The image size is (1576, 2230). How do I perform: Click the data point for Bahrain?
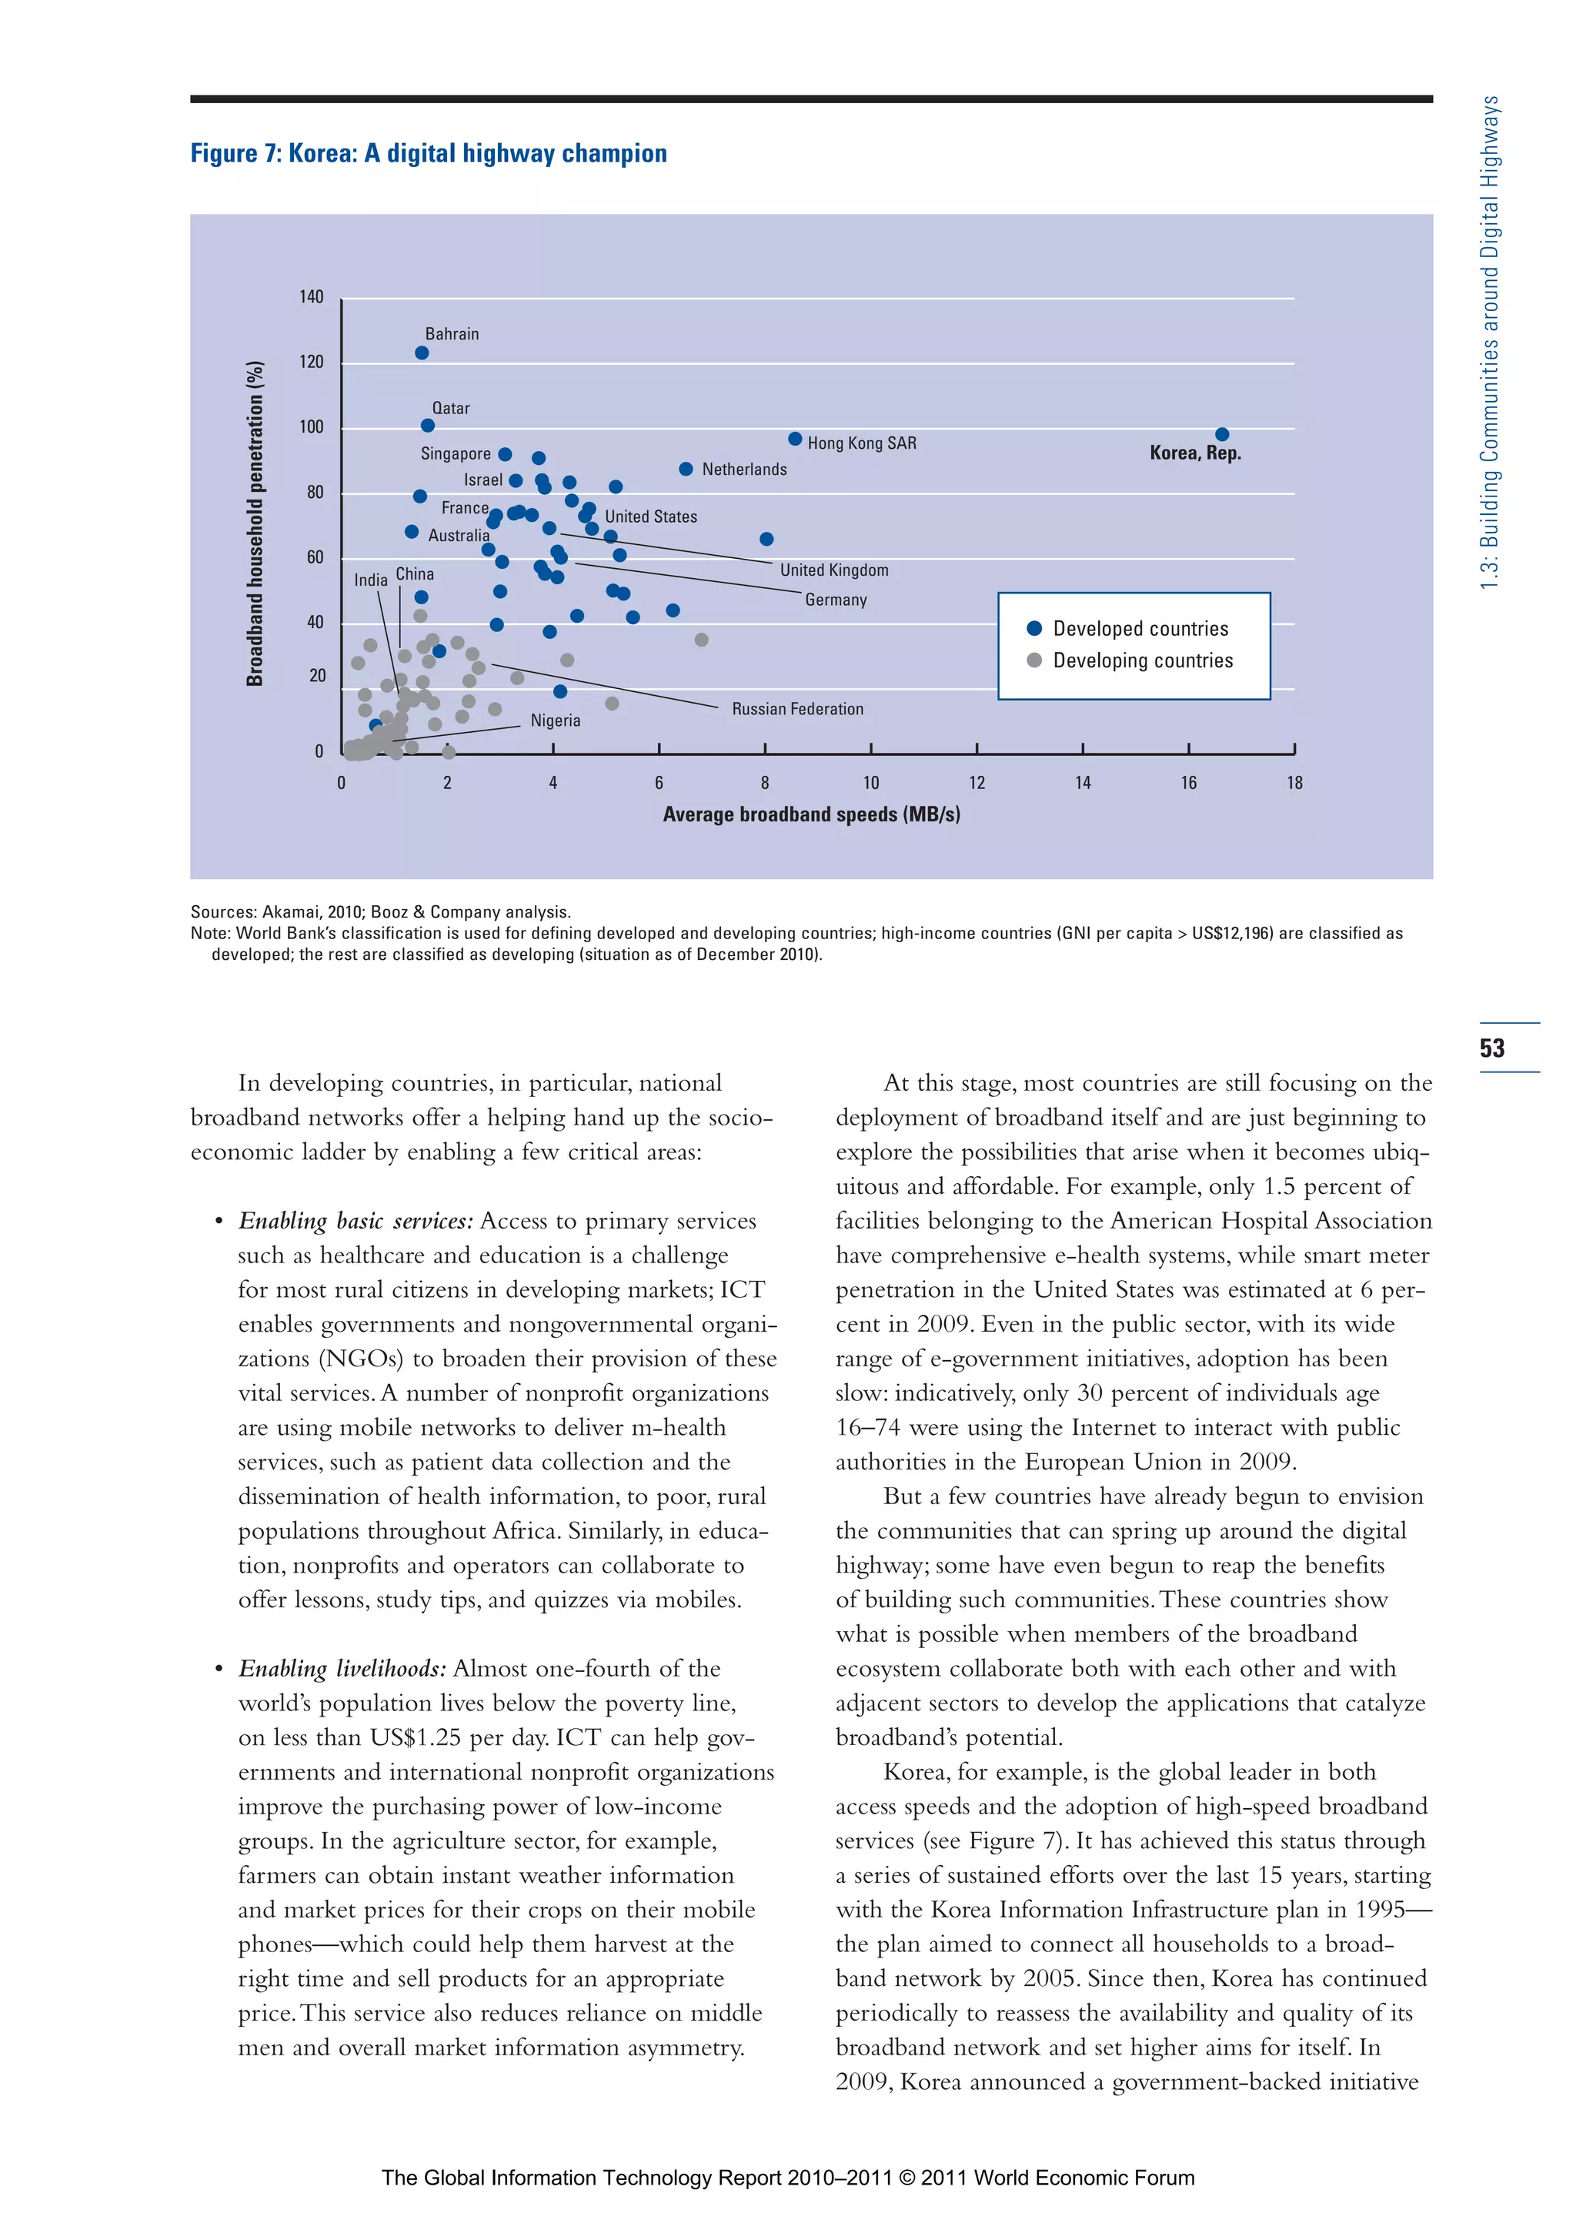point(422,353)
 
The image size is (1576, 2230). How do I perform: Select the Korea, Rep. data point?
point(1221,434)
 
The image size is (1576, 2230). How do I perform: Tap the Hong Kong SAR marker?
point(794,439)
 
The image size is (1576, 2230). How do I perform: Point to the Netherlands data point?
point(686,469)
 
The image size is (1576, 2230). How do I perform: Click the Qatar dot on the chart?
point(427,426)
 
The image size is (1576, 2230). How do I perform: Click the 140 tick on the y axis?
point(311,297)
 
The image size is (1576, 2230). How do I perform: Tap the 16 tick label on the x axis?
point(1187,783)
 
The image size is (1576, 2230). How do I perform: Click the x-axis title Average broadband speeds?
point(811,814)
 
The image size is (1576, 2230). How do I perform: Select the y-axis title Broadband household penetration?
point(255,523)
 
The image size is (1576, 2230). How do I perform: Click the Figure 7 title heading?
point(428,153)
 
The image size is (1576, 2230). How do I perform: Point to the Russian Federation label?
point(797,709)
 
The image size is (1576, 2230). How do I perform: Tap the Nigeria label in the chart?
point(555,720)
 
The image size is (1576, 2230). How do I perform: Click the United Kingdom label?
point(833,570)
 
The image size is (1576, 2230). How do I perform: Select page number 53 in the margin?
point(1491,1048)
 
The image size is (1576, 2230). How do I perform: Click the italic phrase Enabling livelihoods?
point(342,1669)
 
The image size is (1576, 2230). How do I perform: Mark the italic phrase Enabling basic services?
point(356,1221)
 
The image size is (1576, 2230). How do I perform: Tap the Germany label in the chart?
point(835,600)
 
